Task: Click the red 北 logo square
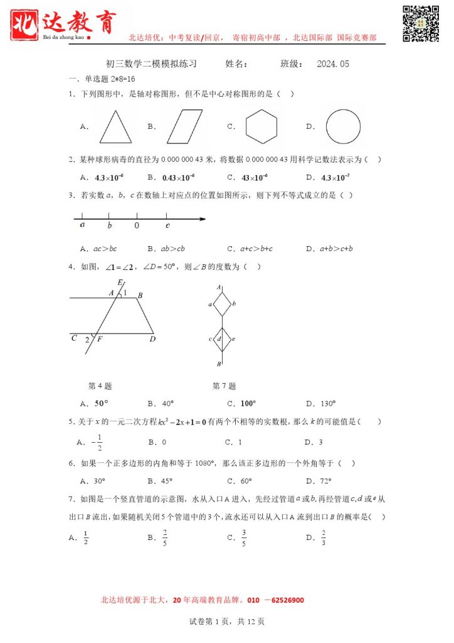click(x=25, y=24)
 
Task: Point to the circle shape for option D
click(x=343, y=127)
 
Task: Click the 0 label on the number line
click(x=137, y=226)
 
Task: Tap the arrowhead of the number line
click(x=203, y=219)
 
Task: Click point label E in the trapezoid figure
click(x=120, y=283)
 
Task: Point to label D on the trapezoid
click(x=152, y=339)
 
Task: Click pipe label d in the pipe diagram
click(x=219, y=340)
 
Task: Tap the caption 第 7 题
click(x=224, y=386)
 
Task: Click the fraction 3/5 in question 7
click(x=244, y=538)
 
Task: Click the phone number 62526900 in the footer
click(x=285, y=600)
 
